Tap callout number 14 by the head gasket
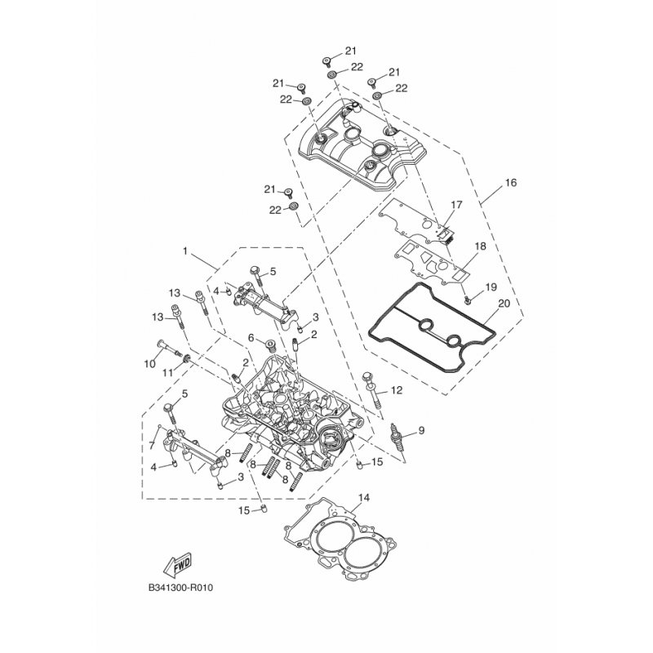coord(363,498)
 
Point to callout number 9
coord(421,430)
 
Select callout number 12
coord(397,390)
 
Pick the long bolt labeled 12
coord(373,390)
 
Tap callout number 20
coord(504,304)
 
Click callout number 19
coord(491,287)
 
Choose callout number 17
coord(457,205)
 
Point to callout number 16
coord(511,182)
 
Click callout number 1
coord(185,251)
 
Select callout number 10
coord(149,363)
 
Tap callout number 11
coord(167,373)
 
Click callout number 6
coord(251,337)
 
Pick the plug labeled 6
coord(270,345)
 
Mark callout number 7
coord(153,445)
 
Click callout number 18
coord(480,247)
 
